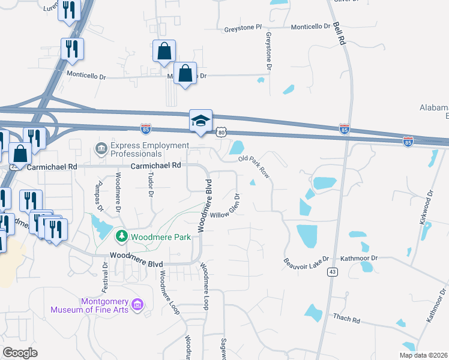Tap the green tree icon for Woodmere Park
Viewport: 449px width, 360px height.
click(x=122, y=236)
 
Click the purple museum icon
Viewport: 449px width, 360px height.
click(x=137, y=305)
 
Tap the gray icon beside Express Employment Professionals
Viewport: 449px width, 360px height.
click(x=101, y=147)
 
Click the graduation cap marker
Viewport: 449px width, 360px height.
click(x=200, y=121)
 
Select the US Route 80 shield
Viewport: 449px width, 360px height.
click(x=221, y=131)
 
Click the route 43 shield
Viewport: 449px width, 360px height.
click(x=332, y=272)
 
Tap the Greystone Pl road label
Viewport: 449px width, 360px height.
click(x=243, y=28)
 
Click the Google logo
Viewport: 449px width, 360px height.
click(x=20, y=352)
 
